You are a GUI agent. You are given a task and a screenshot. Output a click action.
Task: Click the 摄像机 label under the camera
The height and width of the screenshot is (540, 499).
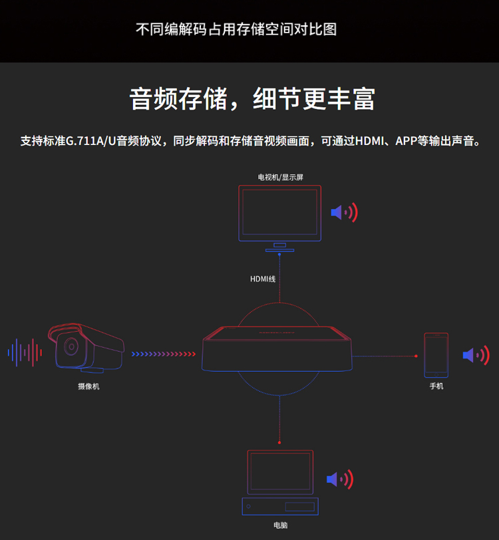click(x=88, y=386)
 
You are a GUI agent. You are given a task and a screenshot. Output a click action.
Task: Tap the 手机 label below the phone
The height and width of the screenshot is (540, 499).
click(x=436, y=386)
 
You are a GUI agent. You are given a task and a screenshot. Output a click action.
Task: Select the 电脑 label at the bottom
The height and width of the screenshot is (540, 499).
click(x=280, y=525)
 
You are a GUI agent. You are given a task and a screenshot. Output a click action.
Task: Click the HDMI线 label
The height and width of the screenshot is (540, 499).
click(x=263, y=279)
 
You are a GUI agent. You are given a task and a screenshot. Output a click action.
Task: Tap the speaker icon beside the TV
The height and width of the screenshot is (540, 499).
click(x=344, y=213)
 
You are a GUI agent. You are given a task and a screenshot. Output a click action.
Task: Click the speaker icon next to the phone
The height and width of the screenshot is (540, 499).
click(x=476, y=354)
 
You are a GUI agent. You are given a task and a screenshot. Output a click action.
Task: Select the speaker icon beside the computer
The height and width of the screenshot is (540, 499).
click(x=339, y=479)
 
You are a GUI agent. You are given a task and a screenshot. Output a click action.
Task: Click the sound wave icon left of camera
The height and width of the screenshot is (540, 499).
click(x=25, y=352)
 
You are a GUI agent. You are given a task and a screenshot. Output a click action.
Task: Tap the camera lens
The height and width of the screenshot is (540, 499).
click(x=69, y=346)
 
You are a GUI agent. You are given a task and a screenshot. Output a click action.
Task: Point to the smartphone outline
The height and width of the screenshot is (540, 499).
click(x=436, y=355)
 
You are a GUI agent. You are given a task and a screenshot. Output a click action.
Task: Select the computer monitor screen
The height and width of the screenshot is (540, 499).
click(x=280, y=472)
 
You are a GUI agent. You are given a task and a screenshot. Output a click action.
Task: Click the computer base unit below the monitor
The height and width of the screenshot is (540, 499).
click(x=280, y=507)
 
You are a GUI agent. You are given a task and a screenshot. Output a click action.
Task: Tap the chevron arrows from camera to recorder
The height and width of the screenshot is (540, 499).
click(x=165, y=354)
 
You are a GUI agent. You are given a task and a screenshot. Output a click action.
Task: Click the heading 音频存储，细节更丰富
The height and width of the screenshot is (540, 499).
click(x=251, y=98)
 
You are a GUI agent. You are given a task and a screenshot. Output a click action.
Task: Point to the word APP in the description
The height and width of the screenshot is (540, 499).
click(x=407, y=141)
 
